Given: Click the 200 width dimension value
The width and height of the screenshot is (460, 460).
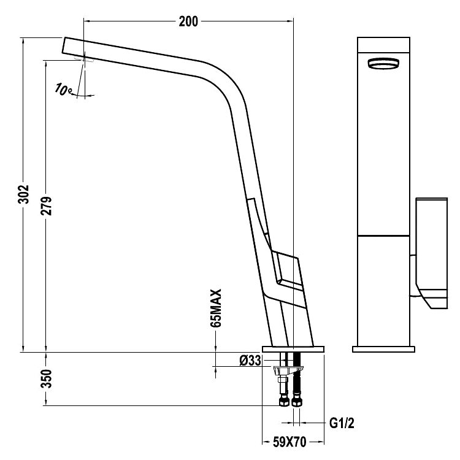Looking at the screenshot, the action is click(188, 21).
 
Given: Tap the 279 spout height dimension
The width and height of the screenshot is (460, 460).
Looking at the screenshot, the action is click(47, 205).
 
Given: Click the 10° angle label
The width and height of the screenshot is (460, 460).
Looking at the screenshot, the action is click(63, 90).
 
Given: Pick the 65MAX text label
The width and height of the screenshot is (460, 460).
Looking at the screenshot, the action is click(216, 308).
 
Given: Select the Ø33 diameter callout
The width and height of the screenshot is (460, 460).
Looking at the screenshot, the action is click(250, 361).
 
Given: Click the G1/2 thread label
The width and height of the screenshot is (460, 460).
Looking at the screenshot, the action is click(342, 423).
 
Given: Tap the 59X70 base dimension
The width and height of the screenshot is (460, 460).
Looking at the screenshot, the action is click(289, 442).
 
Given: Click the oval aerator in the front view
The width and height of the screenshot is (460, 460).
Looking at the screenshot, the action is click(383, 63).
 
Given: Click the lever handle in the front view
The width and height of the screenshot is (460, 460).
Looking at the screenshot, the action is click(432, 253).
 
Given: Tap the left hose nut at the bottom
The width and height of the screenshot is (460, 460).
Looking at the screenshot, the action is click(284, 401).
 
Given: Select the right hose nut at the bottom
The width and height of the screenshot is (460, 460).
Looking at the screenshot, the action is click(296, 401).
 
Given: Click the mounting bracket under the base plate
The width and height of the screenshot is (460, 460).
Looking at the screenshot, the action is click(288, 370).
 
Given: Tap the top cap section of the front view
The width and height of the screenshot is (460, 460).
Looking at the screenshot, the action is click(383, 45).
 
